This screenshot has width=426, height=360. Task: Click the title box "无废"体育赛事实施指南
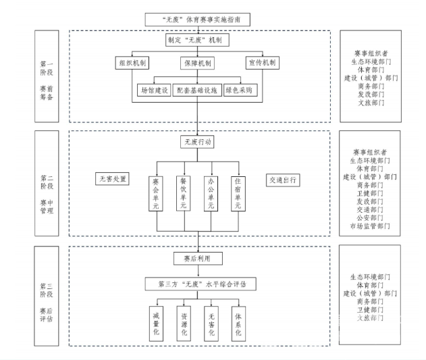(198, 20)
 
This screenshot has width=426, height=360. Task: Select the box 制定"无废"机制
(198, 41)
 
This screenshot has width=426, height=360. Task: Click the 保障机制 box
(198, 63)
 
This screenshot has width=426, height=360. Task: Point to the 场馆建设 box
(153, 89)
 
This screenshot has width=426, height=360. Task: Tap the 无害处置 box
(113, 179)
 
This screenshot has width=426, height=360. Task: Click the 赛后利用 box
(198, 258)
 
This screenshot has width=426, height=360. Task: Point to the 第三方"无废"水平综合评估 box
(198, 284)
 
